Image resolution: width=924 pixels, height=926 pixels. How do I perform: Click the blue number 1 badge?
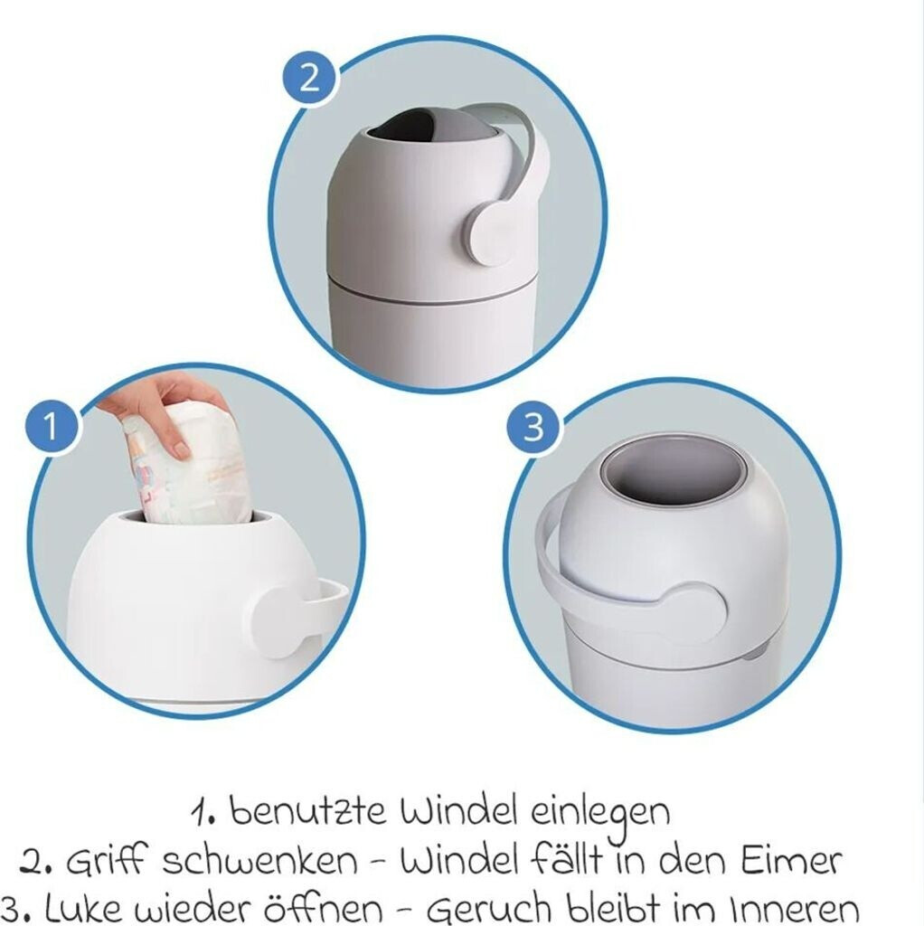52,426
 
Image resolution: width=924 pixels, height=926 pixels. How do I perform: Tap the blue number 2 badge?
309,78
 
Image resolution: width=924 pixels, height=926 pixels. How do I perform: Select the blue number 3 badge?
533,427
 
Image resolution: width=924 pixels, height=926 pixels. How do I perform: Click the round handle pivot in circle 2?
489,232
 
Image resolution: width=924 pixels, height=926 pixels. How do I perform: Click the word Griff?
105,861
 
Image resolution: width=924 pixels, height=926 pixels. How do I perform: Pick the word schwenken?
259,861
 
